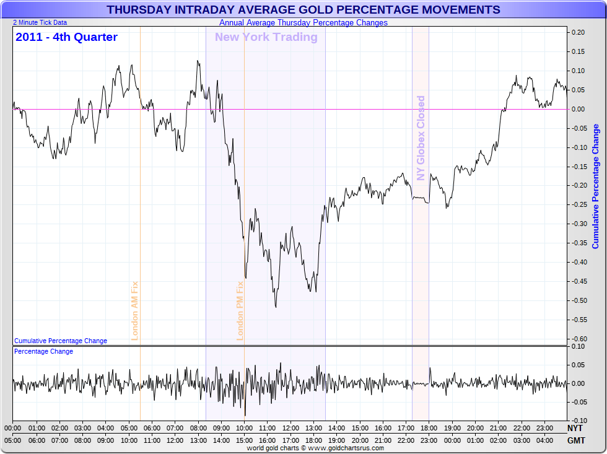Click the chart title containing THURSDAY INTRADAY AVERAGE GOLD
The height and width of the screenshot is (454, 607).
[x=303, y=10]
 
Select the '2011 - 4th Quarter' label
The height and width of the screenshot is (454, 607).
[x=66, y=37]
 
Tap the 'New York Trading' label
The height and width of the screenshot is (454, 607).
[x=266, y=37]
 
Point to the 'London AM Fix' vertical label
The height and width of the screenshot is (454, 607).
[x=134, y=310]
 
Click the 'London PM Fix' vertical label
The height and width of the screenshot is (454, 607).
[x=240, y=310]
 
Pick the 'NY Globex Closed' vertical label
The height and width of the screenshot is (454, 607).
[x=421, y=138]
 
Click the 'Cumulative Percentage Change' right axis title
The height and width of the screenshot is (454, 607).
[x=596, y=186]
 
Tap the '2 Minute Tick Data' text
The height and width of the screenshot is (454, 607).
[x=40, y=22]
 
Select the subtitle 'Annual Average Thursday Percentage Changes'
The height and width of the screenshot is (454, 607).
[x=303, y=23]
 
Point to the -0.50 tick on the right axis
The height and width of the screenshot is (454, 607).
[x=579, y=300]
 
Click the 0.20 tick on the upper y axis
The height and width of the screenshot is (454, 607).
[x=579, y=32]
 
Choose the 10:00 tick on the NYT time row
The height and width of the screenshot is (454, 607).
[x=244, y=428]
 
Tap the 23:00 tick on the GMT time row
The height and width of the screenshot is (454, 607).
[x=429, y=440]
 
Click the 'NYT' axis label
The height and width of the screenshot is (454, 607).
[x=575, y=428]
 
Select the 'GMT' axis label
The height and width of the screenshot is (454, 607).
[x=575, y=440]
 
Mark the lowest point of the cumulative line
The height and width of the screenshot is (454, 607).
[x=276, y=307]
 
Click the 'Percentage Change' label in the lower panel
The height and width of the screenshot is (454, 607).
[x=43, y=351]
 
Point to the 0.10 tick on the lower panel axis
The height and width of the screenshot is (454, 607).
[x=579, y=346]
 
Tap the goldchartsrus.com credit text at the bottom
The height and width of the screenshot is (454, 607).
[x=315, y=448]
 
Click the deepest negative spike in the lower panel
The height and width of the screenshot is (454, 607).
[x=245, y=416]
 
